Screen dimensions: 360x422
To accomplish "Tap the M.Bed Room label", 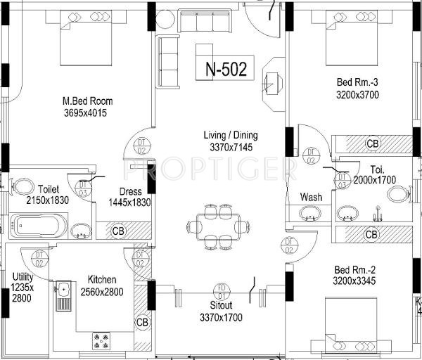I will (x=87, y=101).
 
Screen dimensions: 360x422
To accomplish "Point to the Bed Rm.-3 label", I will (x=358, y=82).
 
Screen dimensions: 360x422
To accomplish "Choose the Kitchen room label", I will (x=101, y=279).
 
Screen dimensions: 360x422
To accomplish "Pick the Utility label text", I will (x=23, y=276).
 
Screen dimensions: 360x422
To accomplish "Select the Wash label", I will (x=311, y=197).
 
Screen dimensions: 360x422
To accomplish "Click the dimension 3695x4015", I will (x=87, y=112).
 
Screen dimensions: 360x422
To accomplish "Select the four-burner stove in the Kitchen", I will (x=103, y=340).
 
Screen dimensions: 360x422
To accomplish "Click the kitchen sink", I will (x=64, y=293).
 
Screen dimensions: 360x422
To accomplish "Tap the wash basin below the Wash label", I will (x=310, y=214).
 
